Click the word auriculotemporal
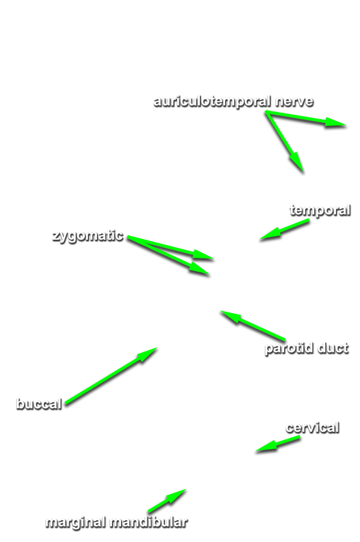(x=212, y=102)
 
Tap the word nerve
(x=294, y=102)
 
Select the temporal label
(x=320, y=211)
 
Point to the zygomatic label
(x=88, y=236)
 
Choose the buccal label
(x=39, y=404)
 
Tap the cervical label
(x=312, y=428)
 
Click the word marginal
(x=76, y=523)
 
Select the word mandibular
(x=149, y=522)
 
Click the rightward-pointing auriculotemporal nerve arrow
(x=306, y=119)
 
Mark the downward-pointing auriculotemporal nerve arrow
(x=285, y=141)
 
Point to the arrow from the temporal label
(x=284, y=229)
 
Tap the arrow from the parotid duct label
(x=253, y=326)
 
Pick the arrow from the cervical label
(x=278, y=444)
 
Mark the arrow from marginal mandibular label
(x=167, y=500)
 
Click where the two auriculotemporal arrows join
(x=267, y=112)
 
